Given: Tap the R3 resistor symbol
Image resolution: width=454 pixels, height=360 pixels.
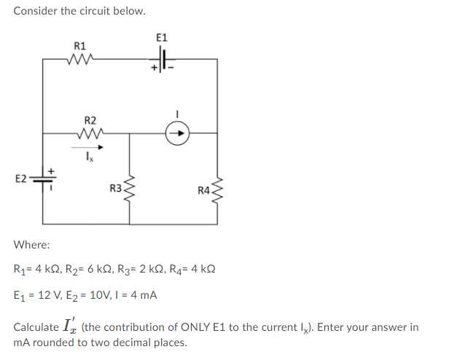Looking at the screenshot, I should [x=130, y=190].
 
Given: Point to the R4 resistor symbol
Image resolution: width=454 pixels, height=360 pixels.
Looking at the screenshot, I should [x=217, y=191].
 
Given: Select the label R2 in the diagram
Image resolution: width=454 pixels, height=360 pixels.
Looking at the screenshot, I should [x=90, y=119].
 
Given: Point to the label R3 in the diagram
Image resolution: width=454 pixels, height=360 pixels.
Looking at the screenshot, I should [x=116, y=189].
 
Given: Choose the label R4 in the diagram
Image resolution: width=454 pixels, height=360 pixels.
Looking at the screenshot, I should [x=203, y=191].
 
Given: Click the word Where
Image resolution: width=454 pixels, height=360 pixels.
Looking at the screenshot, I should [x=31, y=246].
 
